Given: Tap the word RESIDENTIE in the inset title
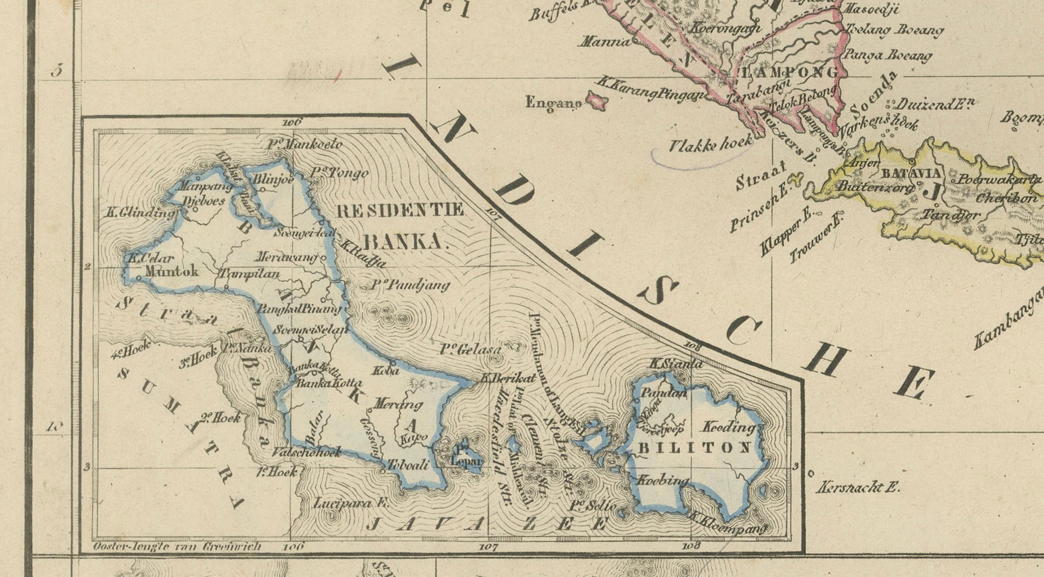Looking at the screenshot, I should point(400,210).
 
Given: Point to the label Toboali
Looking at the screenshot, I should point(408,465).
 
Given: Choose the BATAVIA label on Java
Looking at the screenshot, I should point(910,174).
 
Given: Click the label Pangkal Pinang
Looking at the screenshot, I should point(299,309).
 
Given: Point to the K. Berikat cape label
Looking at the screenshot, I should point(508,378).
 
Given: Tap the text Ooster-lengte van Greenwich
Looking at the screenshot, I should point(177,547).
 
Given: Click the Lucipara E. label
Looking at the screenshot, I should point(351,504).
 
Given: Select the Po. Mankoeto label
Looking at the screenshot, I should point(305,144).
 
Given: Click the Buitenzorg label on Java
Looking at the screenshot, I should point(875,188).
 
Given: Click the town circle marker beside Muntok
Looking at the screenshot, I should point(139,278).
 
